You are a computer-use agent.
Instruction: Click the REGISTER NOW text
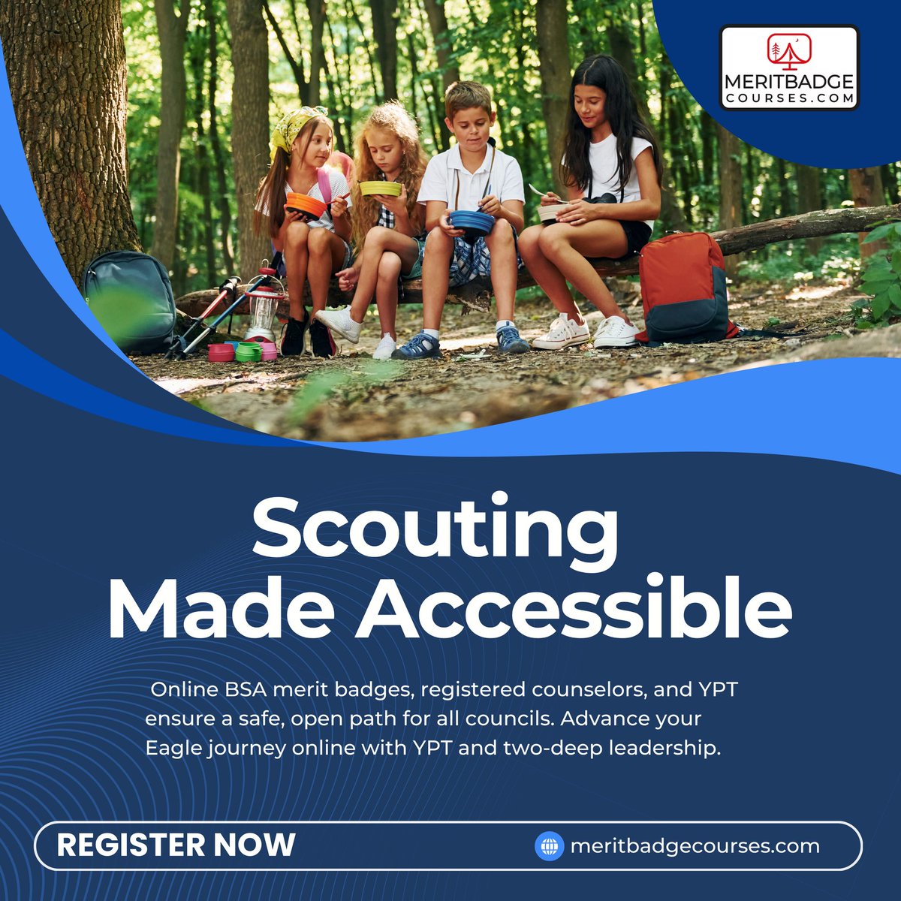(x=176, y=845)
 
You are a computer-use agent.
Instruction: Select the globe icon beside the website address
(x=549, y=846)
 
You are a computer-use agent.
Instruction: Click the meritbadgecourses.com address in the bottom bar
(x=695, y=846)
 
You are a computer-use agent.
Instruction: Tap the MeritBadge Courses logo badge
(x=788, y=68)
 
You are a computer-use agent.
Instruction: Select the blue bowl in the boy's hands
(x=472, y=222)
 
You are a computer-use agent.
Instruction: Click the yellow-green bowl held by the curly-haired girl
(x=380, y=188)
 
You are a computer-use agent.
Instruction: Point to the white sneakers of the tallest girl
(x=589, y=332)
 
